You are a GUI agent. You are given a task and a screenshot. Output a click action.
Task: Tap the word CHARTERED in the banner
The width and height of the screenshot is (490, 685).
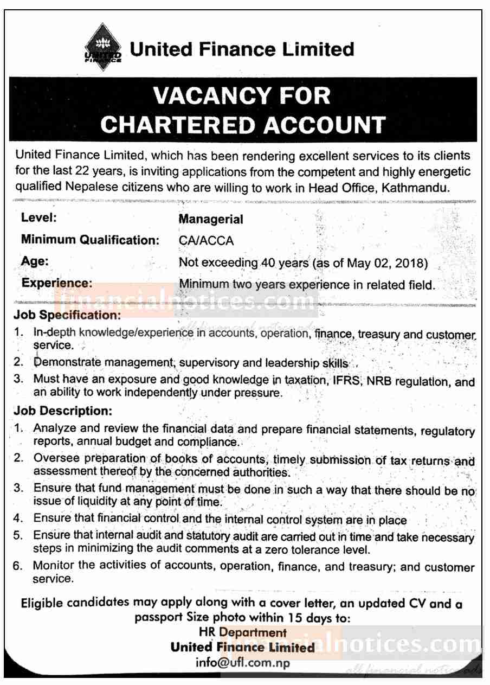[172, 124]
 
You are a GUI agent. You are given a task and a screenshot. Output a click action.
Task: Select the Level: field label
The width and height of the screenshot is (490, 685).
[39, 218]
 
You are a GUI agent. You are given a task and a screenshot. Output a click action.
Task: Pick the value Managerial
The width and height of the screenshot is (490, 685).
[211, 220]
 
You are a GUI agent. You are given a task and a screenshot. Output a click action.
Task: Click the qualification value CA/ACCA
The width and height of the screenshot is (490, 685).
[206, 241]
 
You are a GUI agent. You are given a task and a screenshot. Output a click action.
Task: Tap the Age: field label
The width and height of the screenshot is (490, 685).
[35, 261]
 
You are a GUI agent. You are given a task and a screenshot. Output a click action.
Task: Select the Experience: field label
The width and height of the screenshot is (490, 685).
[56, 283]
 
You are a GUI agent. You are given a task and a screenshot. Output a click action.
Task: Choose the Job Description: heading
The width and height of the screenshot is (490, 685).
[64, 411]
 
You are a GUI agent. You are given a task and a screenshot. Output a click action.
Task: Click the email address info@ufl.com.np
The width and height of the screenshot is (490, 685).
[243, 663]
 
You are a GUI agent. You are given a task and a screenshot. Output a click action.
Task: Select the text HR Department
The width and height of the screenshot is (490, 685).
[243, 632]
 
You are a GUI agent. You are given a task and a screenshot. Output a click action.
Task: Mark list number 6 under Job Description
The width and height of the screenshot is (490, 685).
[18, 566]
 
